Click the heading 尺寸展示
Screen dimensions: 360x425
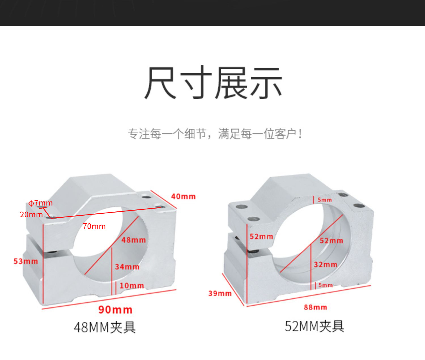coord(213,83)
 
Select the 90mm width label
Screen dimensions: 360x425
coord(115,310)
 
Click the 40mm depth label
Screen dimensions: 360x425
coord(183,196)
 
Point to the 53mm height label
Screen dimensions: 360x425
coord(25,261)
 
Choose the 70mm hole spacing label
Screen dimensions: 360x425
coord(94,226)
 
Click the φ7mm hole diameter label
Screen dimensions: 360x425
coord(41,203)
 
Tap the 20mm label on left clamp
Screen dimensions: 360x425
coord(31,215)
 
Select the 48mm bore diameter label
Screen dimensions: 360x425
coord(133,240)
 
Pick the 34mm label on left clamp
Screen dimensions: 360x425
coord(127,267)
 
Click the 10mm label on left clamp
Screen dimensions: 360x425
coord(131,286)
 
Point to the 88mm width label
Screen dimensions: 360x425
coord(315,307)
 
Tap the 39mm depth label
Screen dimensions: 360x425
coord(220,293)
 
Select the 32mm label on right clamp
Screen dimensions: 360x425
coord(325,265)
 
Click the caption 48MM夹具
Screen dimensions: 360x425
coord(105,327)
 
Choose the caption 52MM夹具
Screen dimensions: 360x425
coord(314,326)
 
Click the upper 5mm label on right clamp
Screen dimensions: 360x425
coord(324,200)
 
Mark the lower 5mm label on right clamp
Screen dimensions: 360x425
coord(325,285)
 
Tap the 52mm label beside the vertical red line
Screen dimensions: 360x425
coord(261,236)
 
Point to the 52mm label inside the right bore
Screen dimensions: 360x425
coord(331,241)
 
